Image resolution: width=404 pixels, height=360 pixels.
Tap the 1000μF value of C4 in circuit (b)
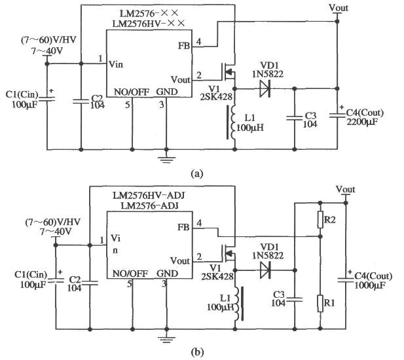point(371,287)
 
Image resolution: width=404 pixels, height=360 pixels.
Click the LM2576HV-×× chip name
point(149,24)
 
